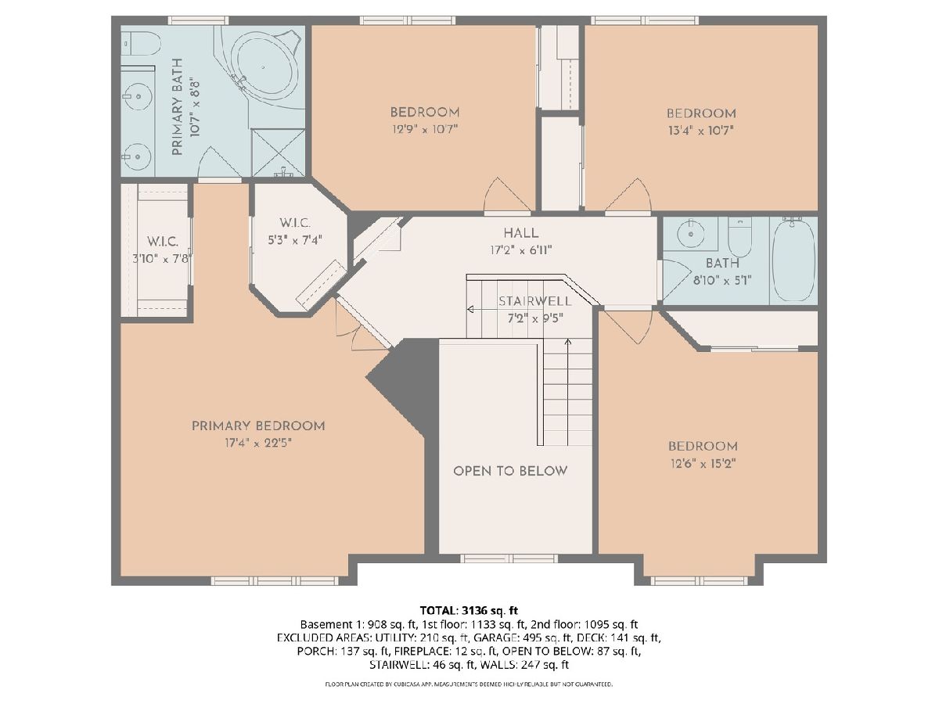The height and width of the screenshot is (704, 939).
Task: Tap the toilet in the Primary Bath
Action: point(141,43)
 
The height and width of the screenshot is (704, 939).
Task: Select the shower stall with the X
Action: point(278,153)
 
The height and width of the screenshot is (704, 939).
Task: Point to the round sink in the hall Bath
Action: point(690,234)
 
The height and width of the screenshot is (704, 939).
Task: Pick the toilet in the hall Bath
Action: point(739,237)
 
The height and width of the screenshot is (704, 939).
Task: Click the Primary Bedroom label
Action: point(258,426)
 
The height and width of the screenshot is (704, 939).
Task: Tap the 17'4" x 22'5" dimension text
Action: point(258,444)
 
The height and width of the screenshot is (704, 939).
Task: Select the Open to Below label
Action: point(510,471)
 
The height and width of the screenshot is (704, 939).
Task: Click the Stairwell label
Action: point(534,301)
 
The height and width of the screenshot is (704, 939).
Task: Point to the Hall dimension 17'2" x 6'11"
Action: point(521,250)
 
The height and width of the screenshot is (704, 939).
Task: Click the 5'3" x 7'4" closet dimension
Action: point(295,241)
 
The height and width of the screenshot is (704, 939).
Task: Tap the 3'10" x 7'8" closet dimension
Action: point(162,259)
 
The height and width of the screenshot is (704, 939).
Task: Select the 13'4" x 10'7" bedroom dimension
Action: point(701,131)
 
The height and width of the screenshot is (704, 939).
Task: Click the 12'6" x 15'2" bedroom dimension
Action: point(703,464)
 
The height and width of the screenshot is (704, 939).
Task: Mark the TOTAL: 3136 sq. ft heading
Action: point(469,610)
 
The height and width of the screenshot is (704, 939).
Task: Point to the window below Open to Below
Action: point(509,559)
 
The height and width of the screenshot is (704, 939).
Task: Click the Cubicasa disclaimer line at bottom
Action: point(469,684)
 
